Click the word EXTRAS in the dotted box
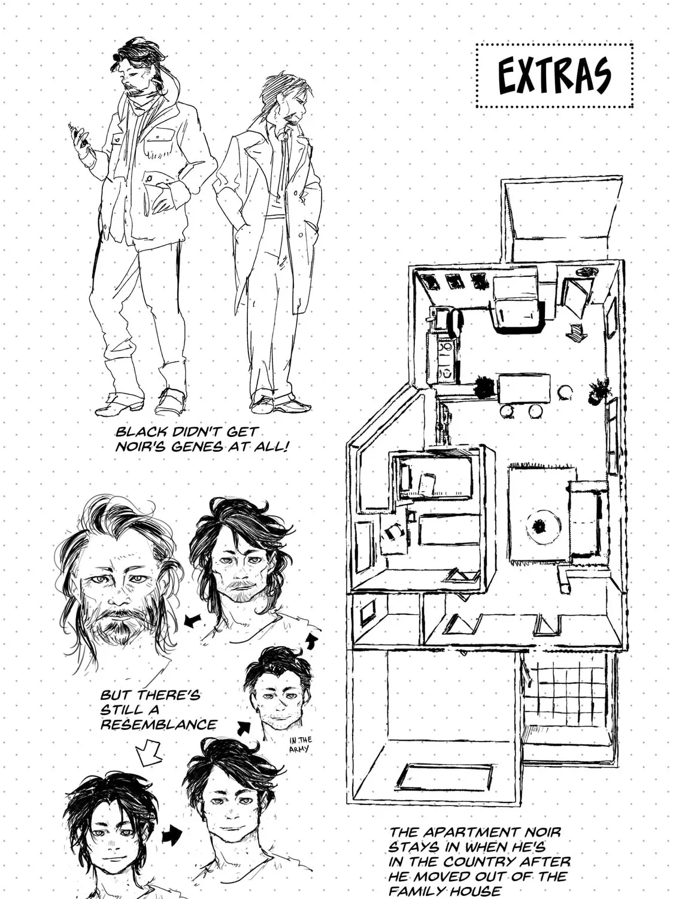click(x=554, y=76)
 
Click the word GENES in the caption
click(x=197, y=446)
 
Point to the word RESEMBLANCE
click(x=159, y=725)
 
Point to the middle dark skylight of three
click(x=453, y=281)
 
